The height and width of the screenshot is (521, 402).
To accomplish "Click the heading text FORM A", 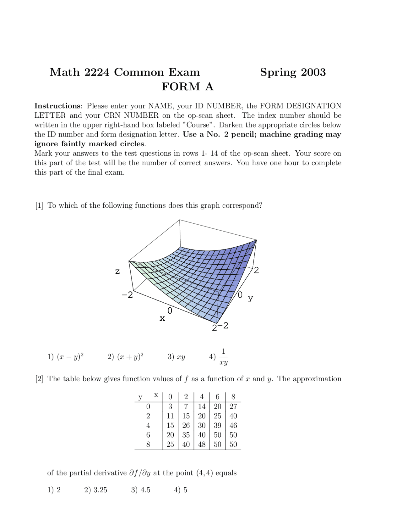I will coord(187,87).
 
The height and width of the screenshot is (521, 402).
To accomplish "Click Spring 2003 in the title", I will coord(293,72).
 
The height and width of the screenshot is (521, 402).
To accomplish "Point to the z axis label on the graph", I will coord(117,271).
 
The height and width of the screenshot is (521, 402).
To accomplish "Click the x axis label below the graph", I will coord(162,318).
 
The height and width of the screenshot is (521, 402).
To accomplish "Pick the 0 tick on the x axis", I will coord(170,311).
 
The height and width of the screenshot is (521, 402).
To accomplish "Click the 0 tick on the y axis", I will coord(240,295).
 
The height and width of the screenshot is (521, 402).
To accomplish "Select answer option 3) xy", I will coord(177,357).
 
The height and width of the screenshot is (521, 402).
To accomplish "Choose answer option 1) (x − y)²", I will coord(66,357).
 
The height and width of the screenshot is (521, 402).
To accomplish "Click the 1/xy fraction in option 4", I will coord(223,357).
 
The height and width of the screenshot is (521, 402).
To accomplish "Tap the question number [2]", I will coord(39,379).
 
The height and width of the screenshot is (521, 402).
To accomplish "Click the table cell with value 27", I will coord(233,406).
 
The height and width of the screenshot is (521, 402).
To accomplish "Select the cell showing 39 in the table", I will coord(217,425).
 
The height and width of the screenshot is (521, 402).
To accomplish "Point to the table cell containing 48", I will coord(202,444).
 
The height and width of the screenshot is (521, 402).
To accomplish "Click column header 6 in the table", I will coord(217,397).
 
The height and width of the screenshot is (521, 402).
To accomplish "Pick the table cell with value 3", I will coord(170,406).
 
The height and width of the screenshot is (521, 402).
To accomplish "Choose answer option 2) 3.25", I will coord(96,490).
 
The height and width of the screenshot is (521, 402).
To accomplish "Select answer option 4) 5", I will coord(181,490).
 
